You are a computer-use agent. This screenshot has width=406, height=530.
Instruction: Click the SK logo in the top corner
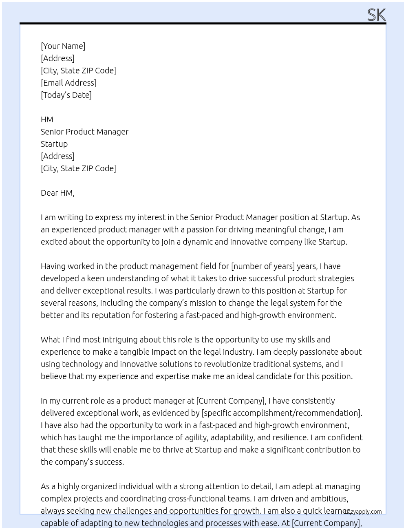coord(376,15)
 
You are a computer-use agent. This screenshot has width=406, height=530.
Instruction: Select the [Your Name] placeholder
coord(63,46)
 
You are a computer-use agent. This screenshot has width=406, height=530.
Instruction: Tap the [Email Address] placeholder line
coord(68,83)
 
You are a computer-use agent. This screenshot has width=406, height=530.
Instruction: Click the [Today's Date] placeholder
coord(66,95)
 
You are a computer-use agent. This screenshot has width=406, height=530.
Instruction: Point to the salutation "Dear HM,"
coord(57,193)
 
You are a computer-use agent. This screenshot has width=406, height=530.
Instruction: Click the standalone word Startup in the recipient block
coord(54,144)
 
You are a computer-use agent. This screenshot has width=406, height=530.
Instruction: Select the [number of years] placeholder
coord(263,266)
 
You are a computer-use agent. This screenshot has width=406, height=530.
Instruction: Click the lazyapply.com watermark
coord(363,512)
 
